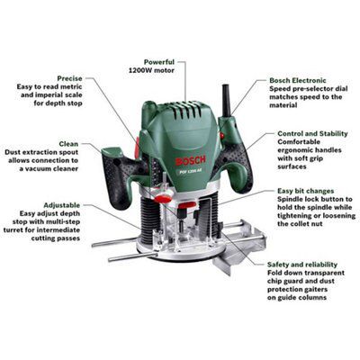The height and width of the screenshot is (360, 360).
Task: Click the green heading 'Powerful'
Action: point(159,62)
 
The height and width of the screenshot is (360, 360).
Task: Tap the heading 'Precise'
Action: point(69,78)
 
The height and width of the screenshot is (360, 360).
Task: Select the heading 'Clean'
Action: point(68,144)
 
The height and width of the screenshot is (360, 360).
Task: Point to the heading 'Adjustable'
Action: point(62,205)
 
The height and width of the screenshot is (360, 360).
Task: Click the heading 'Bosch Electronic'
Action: point(298,80)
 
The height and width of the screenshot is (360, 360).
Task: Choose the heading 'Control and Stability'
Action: point(312,133)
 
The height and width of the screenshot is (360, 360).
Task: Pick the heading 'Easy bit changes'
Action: point(306,191)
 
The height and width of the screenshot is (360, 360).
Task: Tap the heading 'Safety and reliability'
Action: point(302,265)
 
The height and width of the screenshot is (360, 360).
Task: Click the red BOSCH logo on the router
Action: point(191,160)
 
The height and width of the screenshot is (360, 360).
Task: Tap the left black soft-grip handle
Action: point(120,177)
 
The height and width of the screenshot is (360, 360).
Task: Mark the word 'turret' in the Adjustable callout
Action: point(13,230)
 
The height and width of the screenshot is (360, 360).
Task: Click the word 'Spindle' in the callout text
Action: point(290,200)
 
